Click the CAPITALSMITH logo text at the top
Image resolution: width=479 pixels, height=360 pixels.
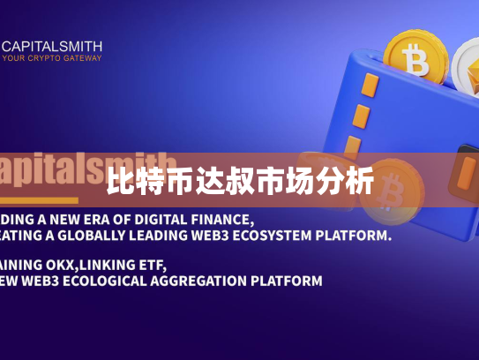tap(52, 46)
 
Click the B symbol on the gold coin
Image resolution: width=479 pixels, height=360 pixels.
tap(414, 61)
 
